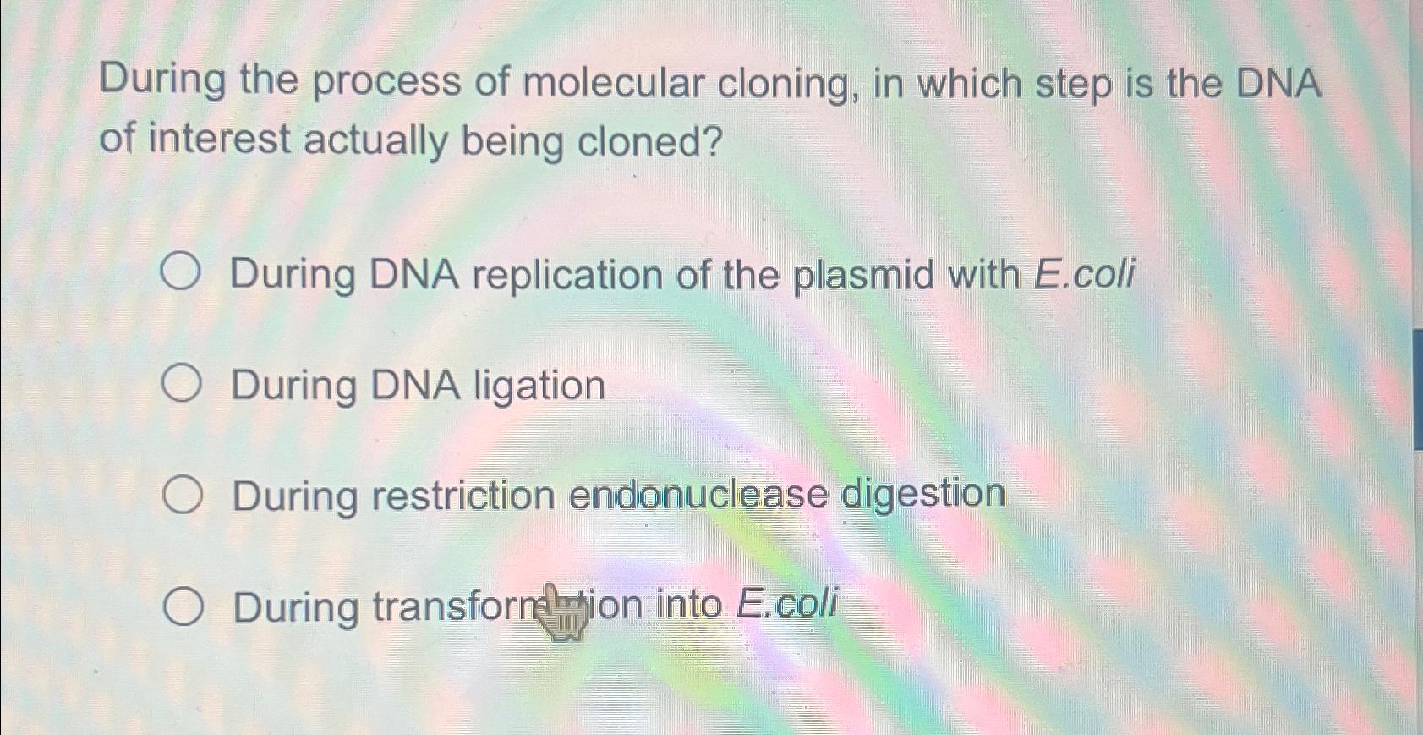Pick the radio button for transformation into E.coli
click(x=183, y=607)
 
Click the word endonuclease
click(x=698, y=495)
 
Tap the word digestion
click(x=922, y=494)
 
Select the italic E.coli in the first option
click(x=1084, y=273)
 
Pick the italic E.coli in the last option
click(x=786, y=604)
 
